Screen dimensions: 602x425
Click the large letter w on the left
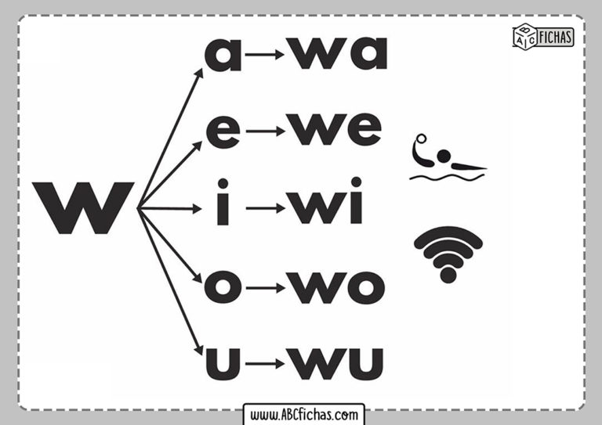click(x=83, y=207)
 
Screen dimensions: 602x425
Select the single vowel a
click(x=223, y=55)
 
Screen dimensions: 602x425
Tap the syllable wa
click(x=337, y=53)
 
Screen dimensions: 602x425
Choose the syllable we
click(x=334, y=129)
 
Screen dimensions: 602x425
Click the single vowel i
click(x=223, y=202)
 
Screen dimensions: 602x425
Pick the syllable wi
click(x=325, y=200)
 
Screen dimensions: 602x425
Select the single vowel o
click(x=223, y=287)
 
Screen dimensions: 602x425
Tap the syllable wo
click(x=336, y=287)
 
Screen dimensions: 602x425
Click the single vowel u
click(x=223, y=364)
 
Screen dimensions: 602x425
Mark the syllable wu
click(x=335, y=364)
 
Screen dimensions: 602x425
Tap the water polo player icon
click(x=448, y=157)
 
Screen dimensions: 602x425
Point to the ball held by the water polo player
click(x=421, y=139)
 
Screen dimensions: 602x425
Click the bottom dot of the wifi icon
click(x=448, y=276)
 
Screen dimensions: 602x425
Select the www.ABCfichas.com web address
click(x=303, y=415)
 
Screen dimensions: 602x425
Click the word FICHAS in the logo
click(x=555, y=37)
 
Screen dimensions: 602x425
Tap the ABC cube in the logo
click(x=525, y=36)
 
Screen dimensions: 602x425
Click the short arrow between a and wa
click(x=264, y=55)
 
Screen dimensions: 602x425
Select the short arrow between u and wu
click(x=265, y=363)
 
